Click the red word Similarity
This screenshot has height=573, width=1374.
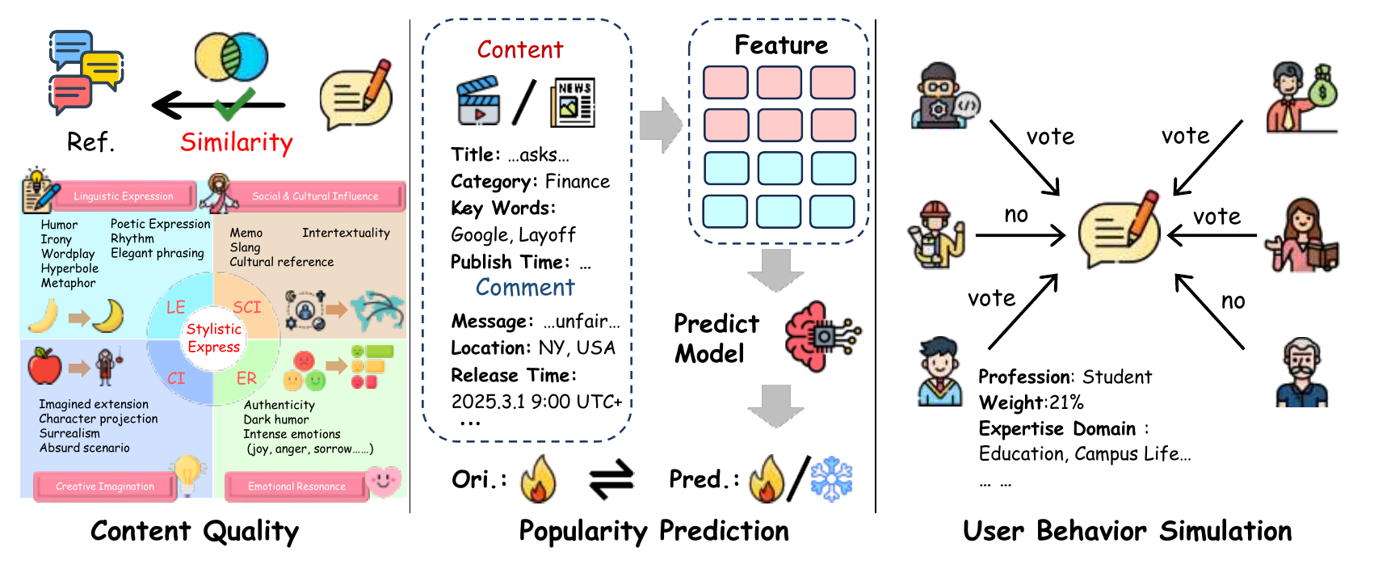click(237, 142)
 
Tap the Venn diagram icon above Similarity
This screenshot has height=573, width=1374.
click(231, 57)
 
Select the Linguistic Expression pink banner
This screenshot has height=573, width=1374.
click(124, 196)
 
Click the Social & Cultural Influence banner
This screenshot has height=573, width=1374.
click(315, 196)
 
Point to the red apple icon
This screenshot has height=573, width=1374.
click(44, 366)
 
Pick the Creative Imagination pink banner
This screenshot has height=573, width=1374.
click(105, 487)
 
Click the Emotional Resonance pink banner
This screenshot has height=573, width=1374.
click(297, 487)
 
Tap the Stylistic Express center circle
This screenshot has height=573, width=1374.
click(213, 338)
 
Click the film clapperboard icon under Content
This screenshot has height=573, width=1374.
click(478, 100)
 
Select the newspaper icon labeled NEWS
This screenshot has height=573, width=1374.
click(573, 103)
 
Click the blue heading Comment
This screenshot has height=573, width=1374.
click(525, 287)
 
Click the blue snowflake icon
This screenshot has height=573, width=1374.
click(832, 479)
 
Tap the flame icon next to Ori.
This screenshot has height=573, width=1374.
click(538, 479)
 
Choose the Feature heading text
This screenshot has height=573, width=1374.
click(781, 44)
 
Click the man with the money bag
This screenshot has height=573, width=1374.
click(1301, 98)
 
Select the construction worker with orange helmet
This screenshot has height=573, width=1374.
click(937, 235)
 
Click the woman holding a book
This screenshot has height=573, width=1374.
click(1301, 235)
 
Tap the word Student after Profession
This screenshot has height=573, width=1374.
click(1117, 377)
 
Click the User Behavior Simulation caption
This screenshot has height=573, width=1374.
click(1128, 531)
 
